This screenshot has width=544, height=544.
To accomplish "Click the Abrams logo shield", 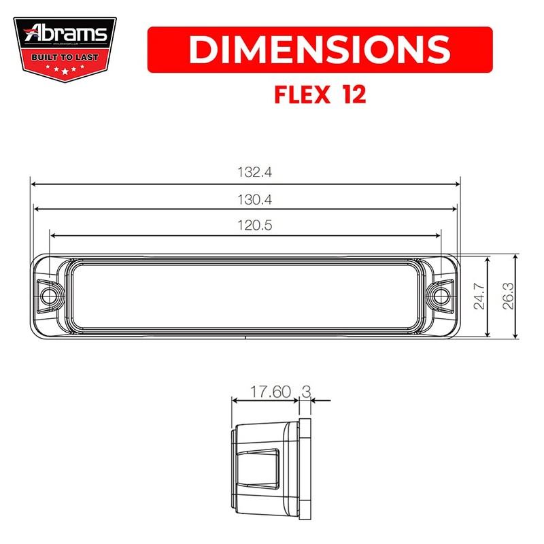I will click(x=65, y=47).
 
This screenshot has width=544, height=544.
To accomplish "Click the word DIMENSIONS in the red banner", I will click(x=320, y=49).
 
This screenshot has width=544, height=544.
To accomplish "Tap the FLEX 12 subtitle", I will click(x=320, y=95).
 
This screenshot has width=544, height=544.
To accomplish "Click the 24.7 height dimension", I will click(x=479, y=297).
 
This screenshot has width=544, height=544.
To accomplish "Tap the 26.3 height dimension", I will click(x=508, y=297).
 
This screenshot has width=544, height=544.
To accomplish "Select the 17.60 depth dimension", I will click(x=270, y=392).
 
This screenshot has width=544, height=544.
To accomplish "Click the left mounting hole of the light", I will click(x=48, y=296).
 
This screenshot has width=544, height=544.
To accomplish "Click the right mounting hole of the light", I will click(x=443, y=296).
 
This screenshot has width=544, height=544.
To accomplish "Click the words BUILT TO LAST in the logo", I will click(x=65, y=56).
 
